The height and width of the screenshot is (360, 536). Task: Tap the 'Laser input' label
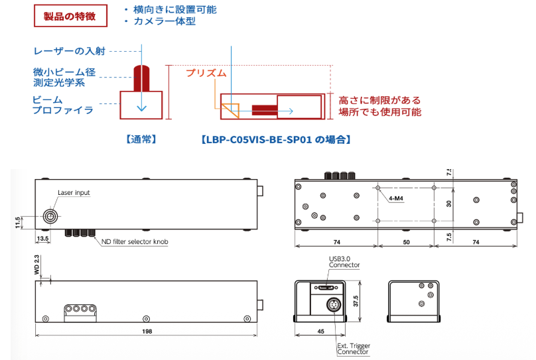(74, 193)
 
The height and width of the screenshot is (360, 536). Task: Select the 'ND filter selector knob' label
(131, 242)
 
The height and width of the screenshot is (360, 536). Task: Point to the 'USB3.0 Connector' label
(344, 262)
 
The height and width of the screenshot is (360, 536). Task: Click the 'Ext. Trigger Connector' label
(354, 349)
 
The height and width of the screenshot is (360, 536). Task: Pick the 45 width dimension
(321, 329)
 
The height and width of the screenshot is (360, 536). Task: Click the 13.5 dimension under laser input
(42, 237)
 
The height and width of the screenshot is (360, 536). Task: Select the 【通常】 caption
(140, 140)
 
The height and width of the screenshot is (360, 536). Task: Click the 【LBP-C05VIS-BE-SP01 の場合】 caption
(275, 140)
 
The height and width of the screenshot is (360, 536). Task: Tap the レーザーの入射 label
(70, 51)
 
